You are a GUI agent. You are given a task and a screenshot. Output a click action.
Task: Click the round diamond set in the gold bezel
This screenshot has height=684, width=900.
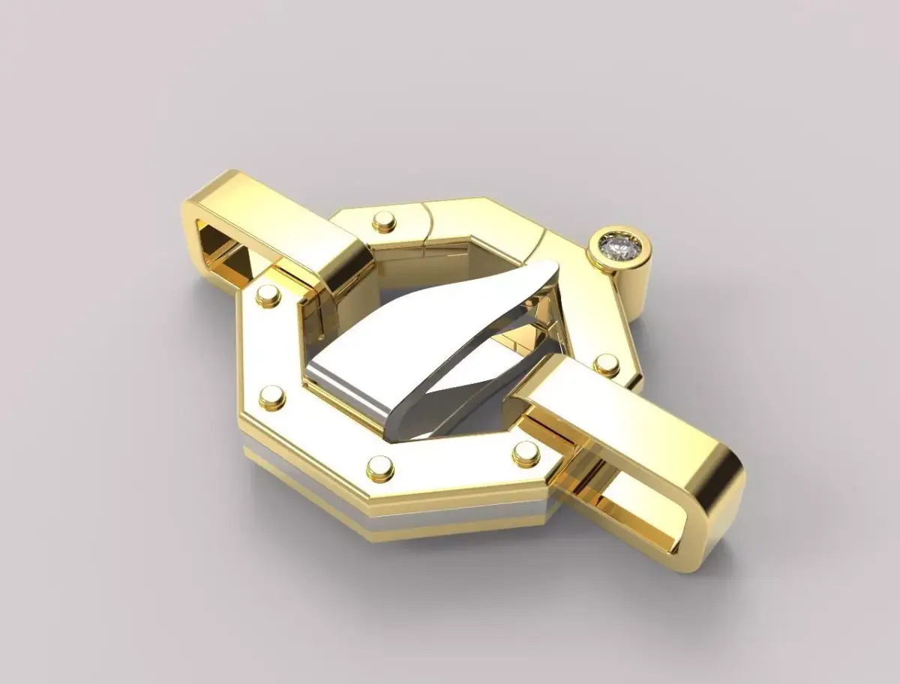click(619, 246)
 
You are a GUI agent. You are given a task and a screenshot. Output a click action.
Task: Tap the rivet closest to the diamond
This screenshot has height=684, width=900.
click(606, 365)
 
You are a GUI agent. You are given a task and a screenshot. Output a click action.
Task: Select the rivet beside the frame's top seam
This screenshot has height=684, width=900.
click(385, 220)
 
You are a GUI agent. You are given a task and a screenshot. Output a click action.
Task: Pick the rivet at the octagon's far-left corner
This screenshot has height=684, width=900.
click(271, 397)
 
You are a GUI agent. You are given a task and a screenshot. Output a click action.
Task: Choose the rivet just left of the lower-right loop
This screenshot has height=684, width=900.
click(526, 452)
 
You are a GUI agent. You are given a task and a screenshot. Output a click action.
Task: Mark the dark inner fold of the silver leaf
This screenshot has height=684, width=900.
click(480, 352)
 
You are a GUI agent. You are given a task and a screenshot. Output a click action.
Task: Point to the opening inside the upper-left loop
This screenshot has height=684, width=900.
click(225, 255)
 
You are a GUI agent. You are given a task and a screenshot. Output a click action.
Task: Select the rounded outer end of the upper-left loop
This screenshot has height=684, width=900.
click(193, 225)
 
